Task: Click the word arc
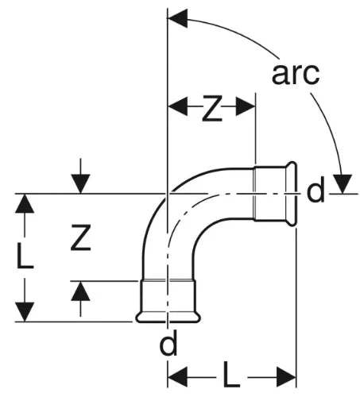pyautogui.click(x=296, y=74)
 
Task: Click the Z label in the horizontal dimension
pyautogui.click(x=212, y=109)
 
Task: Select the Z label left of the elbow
pyautogui.click(x=81, y=237)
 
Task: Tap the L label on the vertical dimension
pyautogui.click(x=25, y=256)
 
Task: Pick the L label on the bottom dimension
pyautogui.click(x=231, y=376)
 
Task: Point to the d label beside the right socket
pyautogui.click(x=315, y=190)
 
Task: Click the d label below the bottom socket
pyautogui.click(x=168, y=342)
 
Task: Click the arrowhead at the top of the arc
pyautogui.click(x=178, y=18)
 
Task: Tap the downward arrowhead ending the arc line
pyautogui.click(x=343, y=183)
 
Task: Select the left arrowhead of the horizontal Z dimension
pyautogui.click(x=178, y=106)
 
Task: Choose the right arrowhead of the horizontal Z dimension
pyautogui.click(x=246, y=106)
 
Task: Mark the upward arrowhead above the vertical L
pyautogui.click(x=25, y=203)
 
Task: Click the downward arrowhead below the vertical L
pyautogui.click(x=25, y=312)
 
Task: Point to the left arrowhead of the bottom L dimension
pyautogui.click(x=178, y=376)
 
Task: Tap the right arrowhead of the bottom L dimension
pyautogui.click(x=286, y=376)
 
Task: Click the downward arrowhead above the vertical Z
pyautogui.click(x=80, y=183)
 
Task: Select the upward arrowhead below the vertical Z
pyautogui.click(x=80, y=291)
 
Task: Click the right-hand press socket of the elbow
pyautogui.click(x=275, y=194)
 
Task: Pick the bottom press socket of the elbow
pyautogui.click(x=168, y=301)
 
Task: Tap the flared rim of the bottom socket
pyautogui.click(x=168, y=318)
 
